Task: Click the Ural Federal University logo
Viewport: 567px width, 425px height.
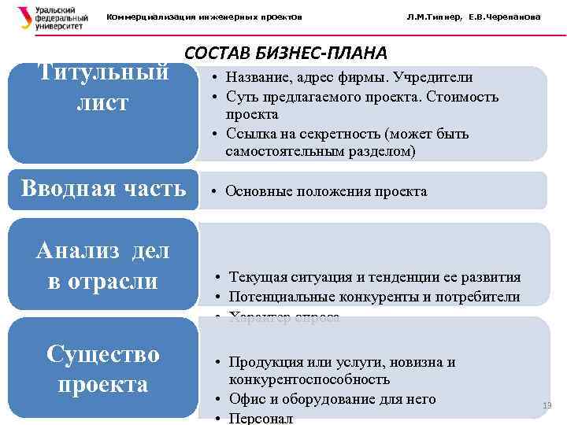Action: pyautogui.click(x=49, y=17)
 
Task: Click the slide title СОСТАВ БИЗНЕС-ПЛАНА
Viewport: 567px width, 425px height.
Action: pyautogui.click(x=285, y=53)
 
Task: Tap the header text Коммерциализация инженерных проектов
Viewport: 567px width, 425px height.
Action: pyautogui.click(x=204, y=17)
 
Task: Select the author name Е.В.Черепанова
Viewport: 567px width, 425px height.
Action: pyautogui.click(x=504, y=17)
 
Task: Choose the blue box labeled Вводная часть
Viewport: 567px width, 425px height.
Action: pyautogui.click(x=103, y=189)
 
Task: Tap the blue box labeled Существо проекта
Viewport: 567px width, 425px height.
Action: pyautogui.click(x=103, y=369)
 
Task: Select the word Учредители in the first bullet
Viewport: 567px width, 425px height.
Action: pyautogui.click(x=436, y=78)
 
